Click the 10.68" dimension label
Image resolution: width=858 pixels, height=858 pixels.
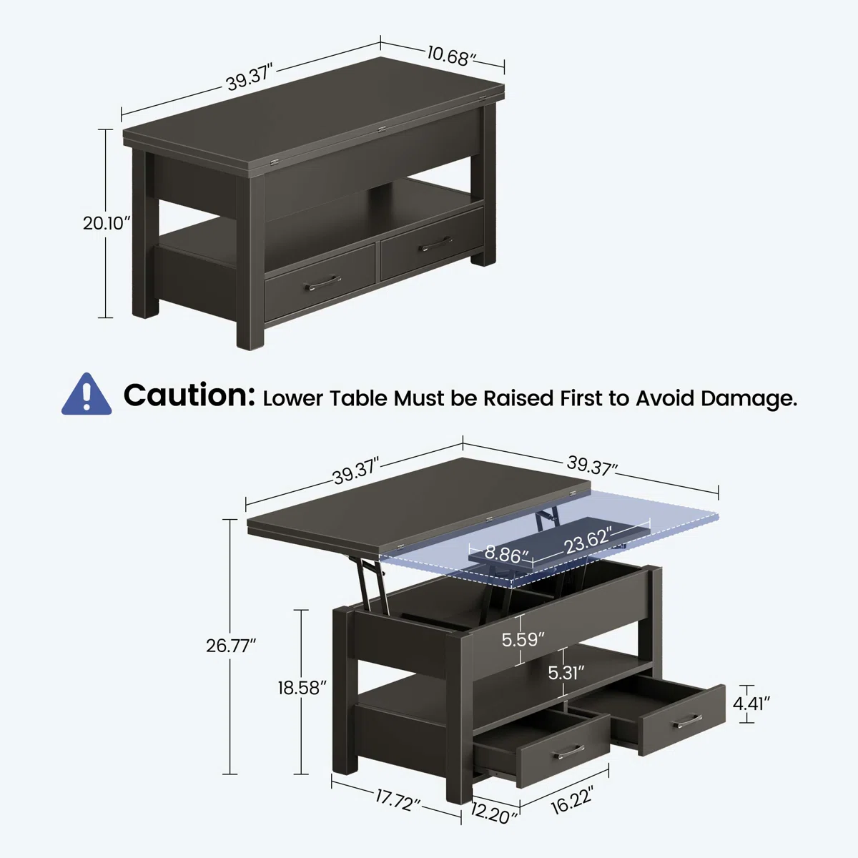451,56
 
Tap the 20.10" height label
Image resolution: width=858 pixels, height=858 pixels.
107,223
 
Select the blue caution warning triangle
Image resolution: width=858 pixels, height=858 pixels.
87,394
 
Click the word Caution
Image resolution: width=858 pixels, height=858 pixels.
189,395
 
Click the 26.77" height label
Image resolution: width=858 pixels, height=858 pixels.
231,646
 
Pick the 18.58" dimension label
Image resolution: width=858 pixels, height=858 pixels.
302,688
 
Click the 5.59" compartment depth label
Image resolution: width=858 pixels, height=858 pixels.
523,640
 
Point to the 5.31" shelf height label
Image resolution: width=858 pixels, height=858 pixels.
566,673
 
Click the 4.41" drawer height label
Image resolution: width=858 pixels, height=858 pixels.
751,704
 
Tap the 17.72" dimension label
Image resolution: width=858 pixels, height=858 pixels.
397,800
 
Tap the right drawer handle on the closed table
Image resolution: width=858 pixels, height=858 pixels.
435,244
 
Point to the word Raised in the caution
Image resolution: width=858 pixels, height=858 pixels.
518,398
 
